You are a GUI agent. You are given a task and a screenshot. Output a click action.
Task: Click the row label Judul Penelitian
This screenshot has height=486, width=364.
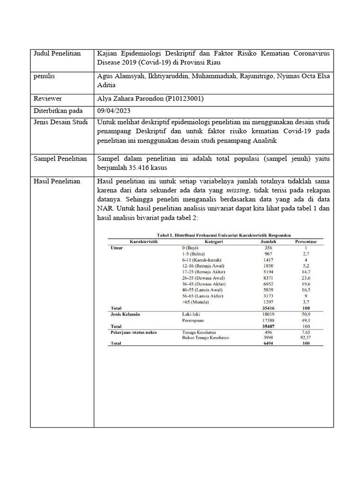(57, 53)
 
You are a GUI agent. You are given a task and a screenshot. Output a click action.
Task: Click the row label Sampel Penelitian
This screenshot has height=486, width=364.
(60, 159)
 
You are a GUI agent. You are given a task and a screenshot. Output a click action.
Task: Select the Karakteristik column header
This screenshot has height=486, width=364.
(144, 242)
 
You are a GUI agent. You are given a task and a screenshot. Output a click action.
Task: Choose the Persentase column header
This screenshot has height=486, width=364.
(306, 242)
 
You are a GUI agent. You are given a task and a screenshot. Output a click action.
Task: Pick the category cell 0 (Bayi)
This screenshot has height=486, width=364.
(190, 248)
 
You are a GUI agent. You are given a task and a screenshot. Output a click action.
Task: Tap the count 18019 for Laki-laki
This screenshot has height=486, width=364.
(268, 314)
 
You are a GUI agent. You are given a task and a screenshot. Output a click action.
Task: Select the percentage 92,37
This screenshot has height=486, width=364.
(306, 337)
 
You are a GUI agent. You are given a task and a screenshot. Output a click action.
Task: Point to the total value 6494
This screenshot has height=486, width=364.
(268, 344)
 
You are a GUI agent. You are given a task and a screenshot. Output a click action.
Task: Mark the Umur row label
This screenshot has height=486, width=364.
(116, 248)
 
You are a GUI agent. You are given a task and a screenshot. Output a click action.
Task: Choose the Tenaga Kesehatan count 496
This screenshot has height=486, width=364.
(268, 332)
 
